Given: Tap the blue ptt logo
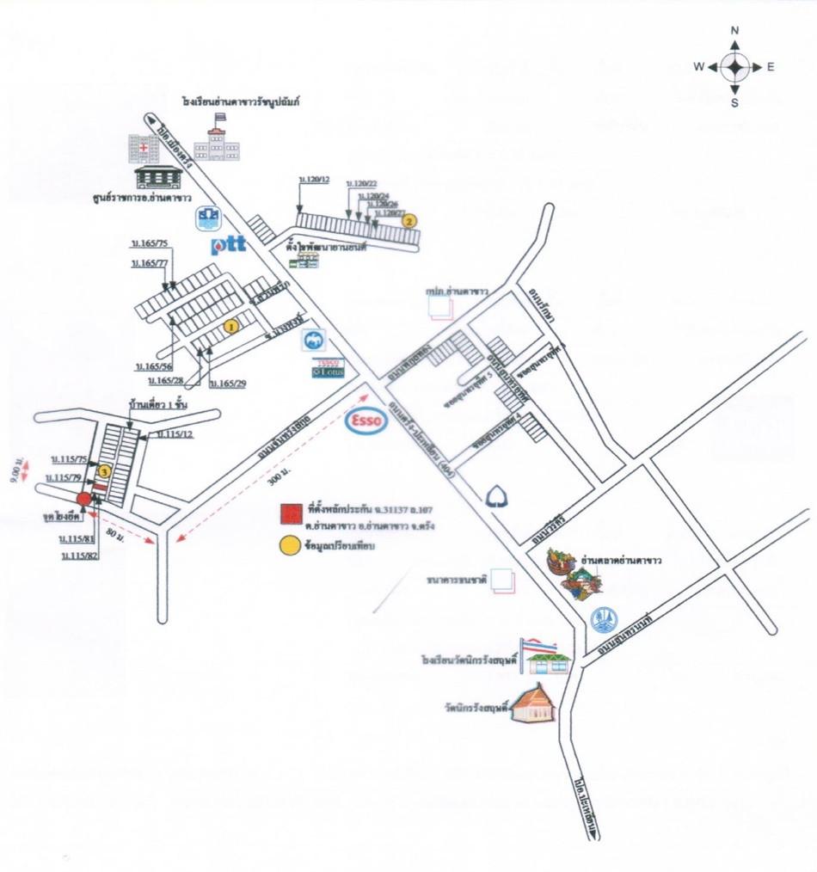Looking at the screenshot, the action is click(x=229, y=245).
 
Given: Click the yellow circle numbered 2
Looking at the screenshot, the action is click(x=410, y=220).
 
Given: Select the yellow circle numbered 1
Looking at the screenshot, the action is click(x=230, y=326).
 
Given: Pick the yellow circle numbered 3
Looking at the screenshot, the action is click(x=104, y=471).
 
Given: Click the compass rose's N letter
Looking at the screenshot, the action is click(x=735, y=30).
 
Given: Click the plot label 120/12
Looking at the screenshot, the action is click(x=314, y=179).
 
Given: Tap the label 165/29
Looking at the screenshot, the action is click(x=228, y=382).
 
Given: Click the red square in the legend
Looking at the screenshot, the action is click(x=290, y=514).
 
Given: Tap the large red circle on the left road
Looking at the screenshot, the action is click(x=83, y=500).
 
